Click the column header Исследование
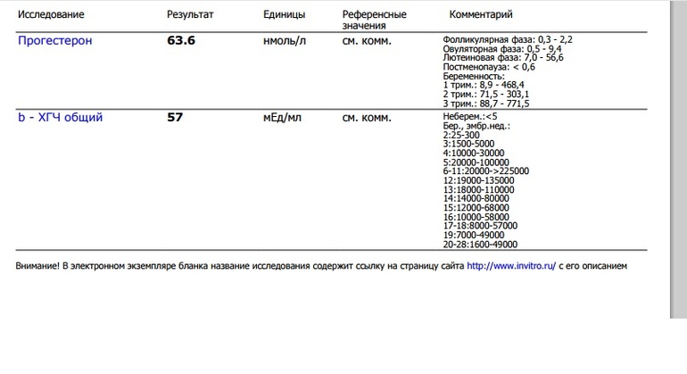[52, 15]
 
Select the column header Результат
[189, 15]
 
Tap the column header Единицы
[285, 15]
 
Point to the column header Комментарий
[481, 15]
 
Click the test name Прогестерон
[55, 41]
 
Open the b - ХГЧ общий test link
[61, 117]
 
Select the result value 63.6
[181, 41]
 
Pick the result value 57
[175, 117]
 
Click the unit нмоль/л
[286, 41]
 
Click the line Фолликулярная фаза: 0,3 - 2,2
[508, 40]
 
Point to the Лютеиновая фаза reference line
[502, 58]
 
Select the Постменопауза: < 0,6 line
[489, 67]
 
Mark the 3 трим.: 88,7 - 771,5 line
[485, 104]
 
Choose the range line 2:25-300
[461, 135]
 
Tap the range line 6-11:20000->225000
[486, 171]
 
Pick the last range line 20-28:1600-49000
[480, 244]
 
